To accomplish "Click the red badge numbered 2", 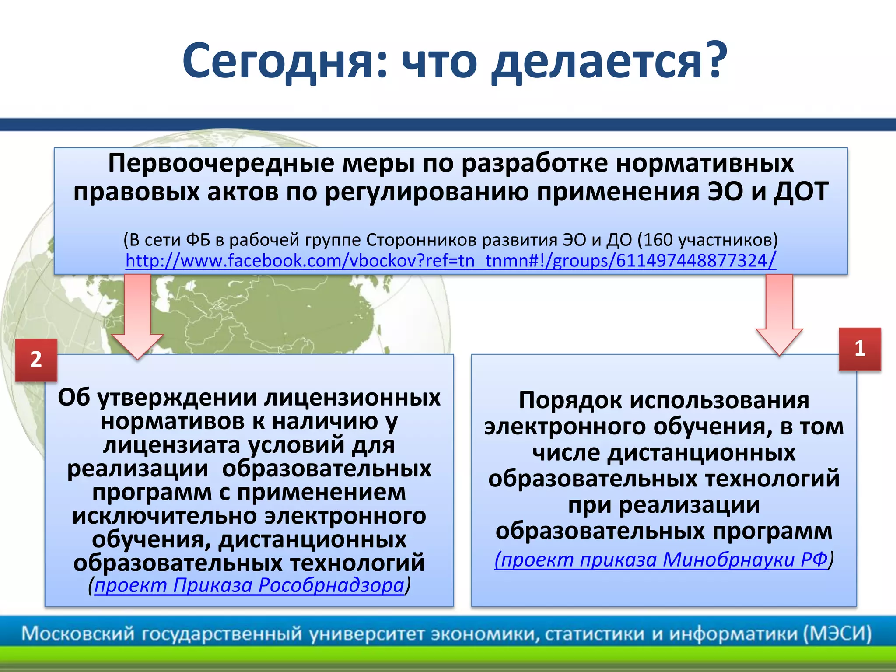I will click(x=36, y=360).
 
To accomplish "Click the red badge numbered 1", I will click(x=859, y=349).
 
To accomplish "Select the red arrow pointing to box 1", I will click(x=779, y=315).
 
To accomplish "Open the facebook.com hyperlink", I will click(x=451, y=261).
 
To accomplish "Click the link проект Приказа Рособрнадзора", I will click(x=249, y=585).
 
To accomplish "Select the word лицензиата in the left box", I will click(x=172, y=445).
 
